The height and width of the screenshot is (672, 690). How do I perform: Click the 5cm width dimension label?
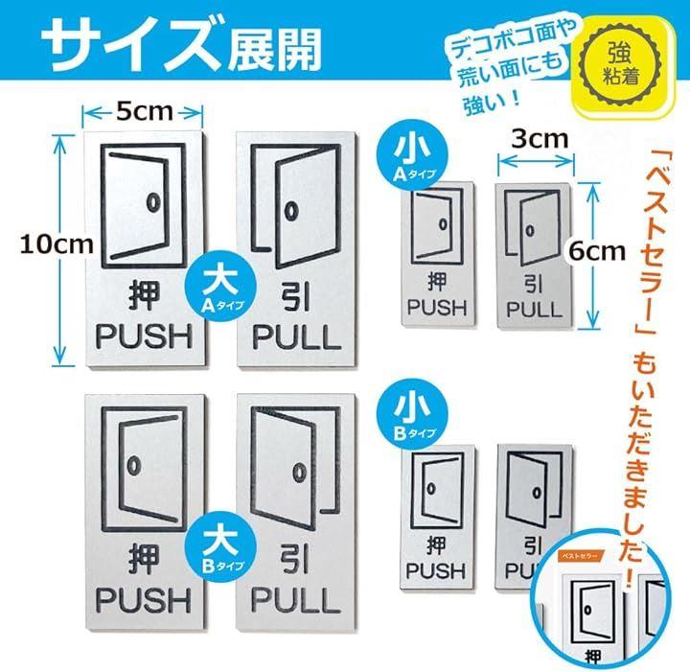click(x=145, y=112)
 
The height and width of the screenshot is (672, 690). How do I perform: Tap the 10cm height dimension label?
click(x=57, y=244)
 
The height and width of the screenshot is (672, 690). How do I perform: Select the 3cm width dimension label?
click(x=540, y=139)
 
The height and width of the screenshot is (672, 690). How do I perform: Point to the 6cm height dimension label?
click(x=597, y=251)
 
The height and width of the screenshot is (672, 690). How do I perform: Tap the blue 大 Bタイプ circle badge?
click(x=221, y=547)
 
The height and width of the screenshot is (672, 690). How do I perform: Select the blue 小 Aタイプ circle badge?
click(x=413, y=155)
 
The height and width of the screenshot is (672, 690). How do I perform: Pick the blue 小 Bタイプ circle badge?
click(x=413, y=415)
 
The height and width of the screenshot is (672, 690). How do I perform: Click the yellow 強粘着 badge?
click(x=621, y=66)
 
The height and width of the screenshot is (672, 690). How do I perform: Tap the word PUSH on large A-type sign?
click(x=145, y=337)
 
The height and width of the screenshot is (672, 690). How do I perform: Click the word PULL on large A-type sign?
click(x=297, y=337)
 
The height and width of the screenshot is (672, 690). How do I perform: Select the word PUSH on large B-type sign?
click(x=144, y=600)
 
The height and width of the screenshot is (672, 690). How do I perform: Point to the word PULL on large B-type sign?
click(x=296, y=600)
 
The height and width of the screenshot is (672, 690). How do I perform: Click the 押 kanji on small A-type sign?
click(x=437, y=282)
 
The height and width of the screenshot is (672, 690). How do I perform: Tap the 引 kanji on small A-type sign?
click(x=534, y=284)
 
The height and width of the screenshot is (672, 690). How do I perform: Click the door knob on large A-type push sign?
click(x=152, y=202)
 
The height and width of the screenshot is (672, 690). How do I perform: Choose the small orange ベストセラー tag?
click(x=581, y=555)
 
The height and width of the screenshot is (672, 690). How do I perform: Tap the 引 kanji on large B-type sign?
click(x=295, y=560)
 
